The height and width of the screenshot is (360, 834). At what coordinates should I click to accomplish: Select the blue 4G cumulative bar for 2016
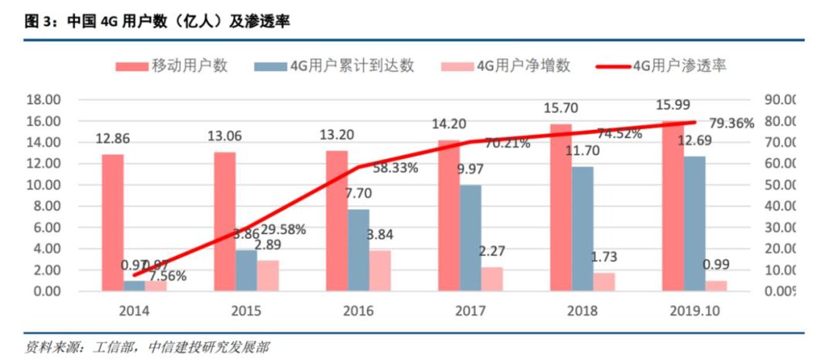click(359, 250)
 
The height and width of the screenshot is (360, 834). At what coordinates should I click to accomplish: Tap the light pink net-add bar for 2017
click(492, 279)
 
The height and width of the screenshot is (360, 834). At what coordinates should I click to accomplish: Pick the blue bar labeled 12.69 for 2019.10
click(694, 223)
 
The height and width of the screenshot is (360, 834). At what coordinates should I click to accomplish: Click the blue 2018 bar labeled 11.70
click(582, 228)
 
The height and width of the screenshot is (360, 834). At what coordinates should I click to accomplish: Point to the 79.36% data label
click(732, 123)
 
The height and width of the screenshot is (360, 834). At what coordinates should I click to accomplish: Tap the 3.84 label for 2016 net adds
click(380, 235)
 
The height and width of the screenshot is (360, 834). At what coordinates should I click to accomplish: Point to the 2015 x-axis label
click(246, 311)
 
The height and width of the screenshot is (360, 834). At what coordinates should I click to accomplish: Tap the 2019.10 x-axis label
click(694, 311)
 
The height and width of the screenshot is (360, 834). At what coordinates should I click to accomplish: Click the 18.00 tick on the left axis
click(43, 100)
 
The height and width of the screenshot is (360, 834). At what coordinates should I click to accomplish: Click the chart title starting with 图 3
click(157, 22)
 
